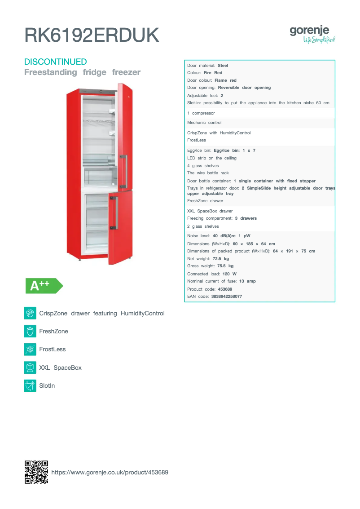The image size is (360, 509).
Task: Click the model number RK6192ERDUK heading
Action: (x=92, y=35)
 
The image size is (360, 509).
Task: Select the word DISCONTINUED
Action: (x=55, y=62)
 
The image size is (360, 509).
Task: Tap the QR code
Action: (x=36, y=472)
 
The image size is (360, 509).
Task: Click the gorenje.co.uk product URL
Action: (x=110, y=472)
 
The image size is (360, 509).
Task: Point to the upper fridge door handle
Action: (x=126, y=172)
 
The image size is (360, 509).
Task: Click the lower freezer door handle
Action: (x=116, y=212)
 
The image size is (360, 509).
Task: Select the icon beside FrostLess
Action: (x=30, y=349)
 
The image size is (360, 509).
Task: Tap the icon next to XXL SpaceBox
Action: (x=30, y=367)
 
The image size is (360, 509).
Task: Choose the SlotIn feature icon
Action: (x=30, y=385)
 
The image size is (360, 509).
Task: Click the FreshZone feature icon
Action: (x=30, y=331)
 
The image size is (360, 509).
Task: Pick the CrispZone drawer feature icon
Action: (x=30, y=313)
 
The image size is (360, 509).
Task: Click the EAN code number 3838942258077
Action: (x=227, y=297)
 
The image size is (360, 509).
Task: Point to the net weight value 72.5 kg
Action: (x=221, y=259)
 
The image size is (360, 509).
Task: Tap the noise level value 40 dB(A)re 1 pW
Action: (x=232, y=236)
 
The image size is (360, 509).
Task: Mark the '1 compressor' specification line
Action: (x=201, y=113)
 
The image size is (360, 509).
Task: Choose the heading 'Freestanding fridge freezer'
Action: (x=82, y=72)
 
